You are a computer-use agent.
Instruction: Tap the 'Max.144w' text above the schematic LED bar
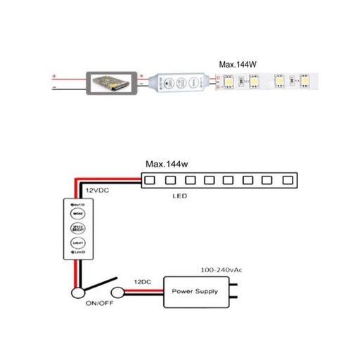click(x=168, y=164)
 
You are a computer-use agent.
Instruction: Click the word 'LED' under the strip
click(x=181, y=197)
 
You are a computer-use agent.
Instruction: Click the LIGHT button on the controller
click(x=77, y=243)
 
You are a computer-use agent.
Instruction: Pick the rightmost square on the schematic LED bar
click(x=287, y=181)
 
